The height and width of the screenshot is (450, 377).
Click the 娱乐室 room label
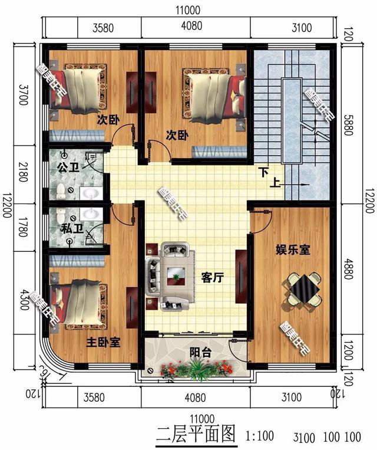coord(293,251)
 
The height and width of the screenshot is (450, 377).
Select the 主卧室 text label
coord(104,342)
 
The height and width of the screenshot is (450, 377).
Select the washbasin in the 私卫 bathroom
coord(90,213)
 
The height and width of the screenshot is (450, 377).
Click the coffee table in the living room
coord(175,273)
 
